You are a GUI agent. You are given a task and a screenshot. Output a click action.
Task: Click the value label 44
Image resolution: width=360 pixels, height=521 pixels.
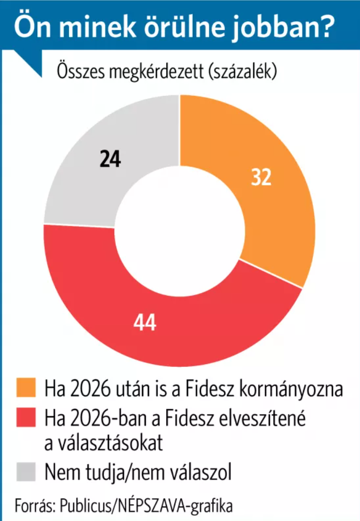point(145,322)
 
